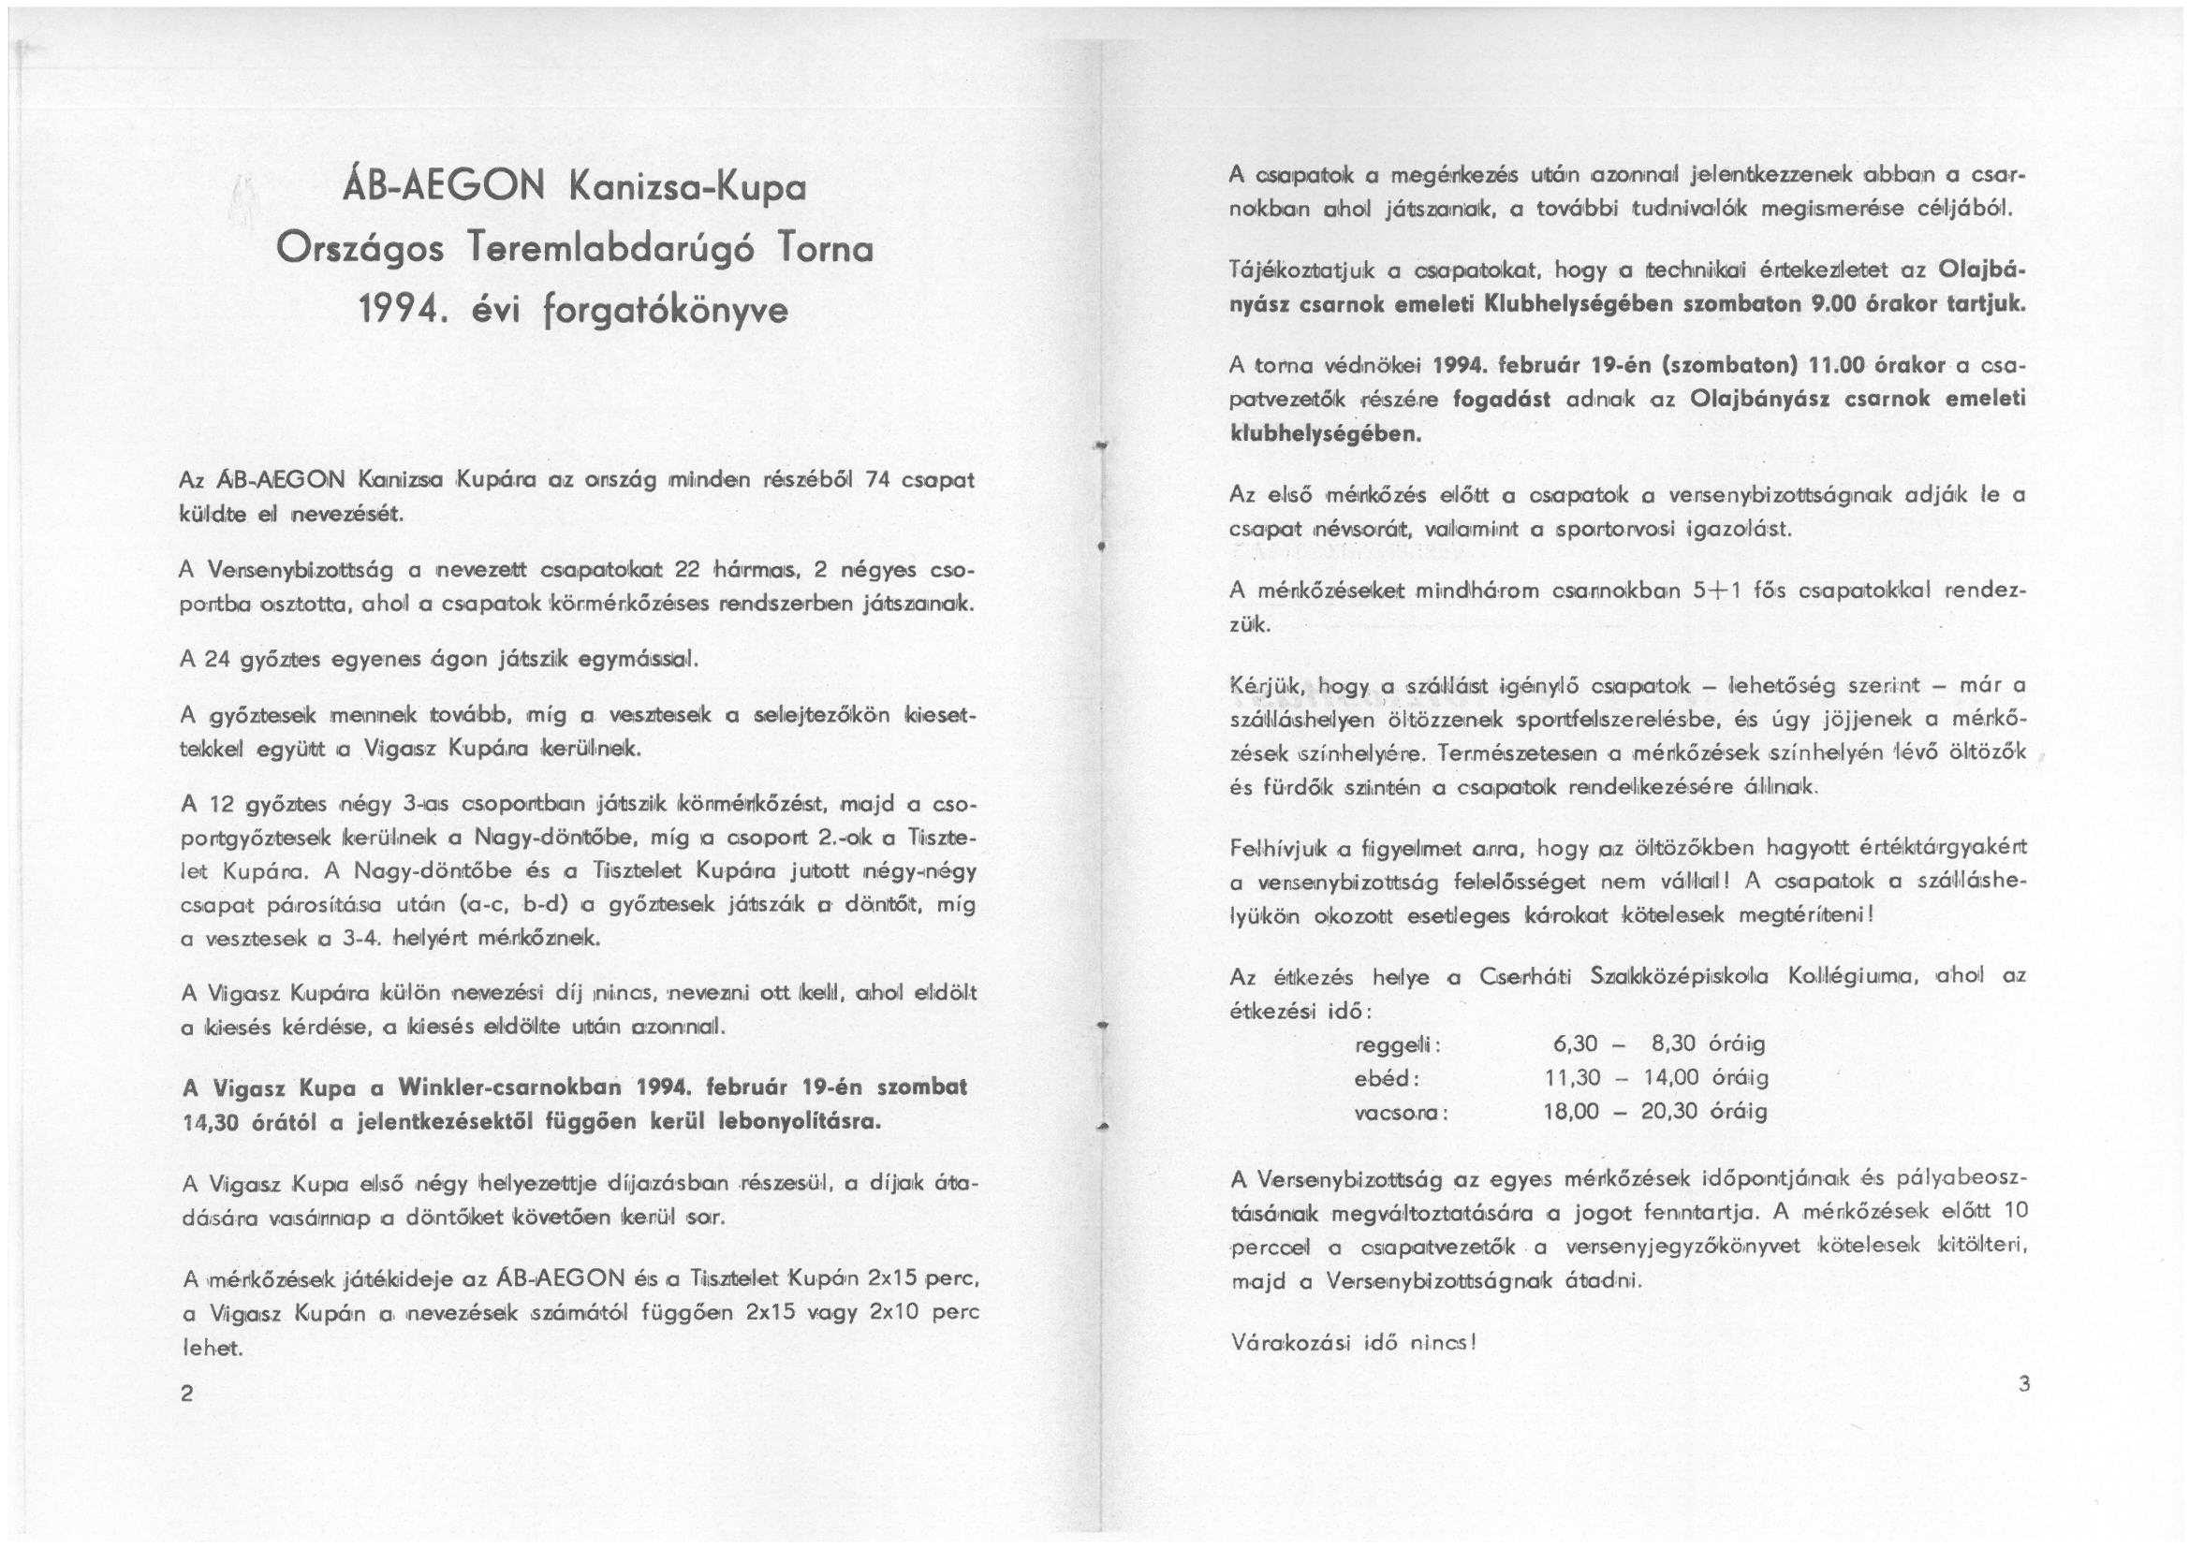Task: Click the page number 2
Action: [187, 1394]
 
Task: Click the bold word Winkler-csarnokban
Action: [510, 1087]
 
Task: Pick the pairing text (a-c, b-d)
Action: [514, 904]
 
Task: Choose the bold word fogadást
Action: [1502, 400]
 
